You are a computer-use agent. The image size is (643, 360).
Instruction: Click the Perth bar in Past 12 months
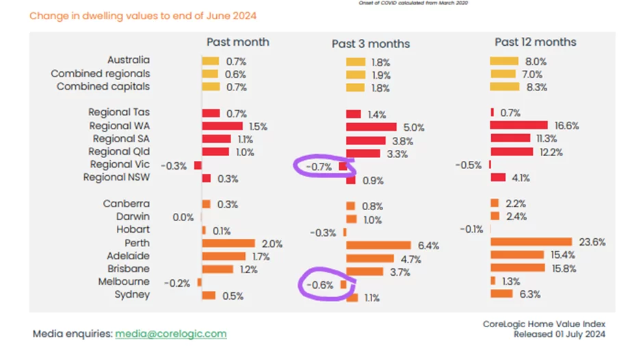(531, 242)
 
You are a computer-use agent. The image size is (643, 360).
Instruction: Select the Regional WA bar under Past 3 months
(371, 127)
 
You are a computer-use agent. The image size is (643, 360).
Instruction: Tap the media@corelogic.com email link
(170, 334)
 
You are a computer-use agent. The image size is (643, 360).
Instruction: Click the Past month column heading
(237, 42)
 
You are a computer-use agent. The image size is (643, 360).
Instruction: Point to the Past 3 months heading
(371, 44)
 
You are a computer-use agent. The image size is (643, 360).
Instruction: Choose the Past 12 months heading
(536, 42)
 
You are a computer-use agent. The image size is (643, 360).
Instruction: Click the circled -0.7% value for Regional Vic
(318, 166)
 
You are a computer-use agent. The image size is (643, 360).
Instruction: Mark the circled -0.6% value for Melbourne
(319, 284)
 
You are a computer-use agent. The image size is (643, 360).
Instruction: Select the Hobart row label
(132, 230)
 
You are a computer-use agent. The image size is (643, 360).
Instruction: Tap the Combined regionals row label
(101, 74)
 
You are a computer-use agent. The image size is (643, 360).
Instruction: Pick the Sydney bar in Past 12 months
(501, 294)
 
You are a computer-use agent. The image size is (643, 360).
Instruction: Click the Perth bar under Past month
(228, 243)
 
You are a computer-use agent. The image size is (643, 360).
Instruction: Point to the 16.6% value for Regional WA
(566, 126)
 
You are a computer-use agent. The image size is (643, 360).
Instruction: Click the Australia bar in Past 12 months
(504, 61)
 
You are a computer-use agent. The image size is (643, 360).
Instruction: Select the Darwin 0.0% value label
(183, 217)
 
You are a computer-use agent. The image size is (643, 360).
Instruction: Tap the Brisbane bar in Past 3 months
(364, 272)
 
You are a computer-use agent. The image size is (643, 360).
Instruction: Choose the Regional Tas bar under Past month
(211, 113)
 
